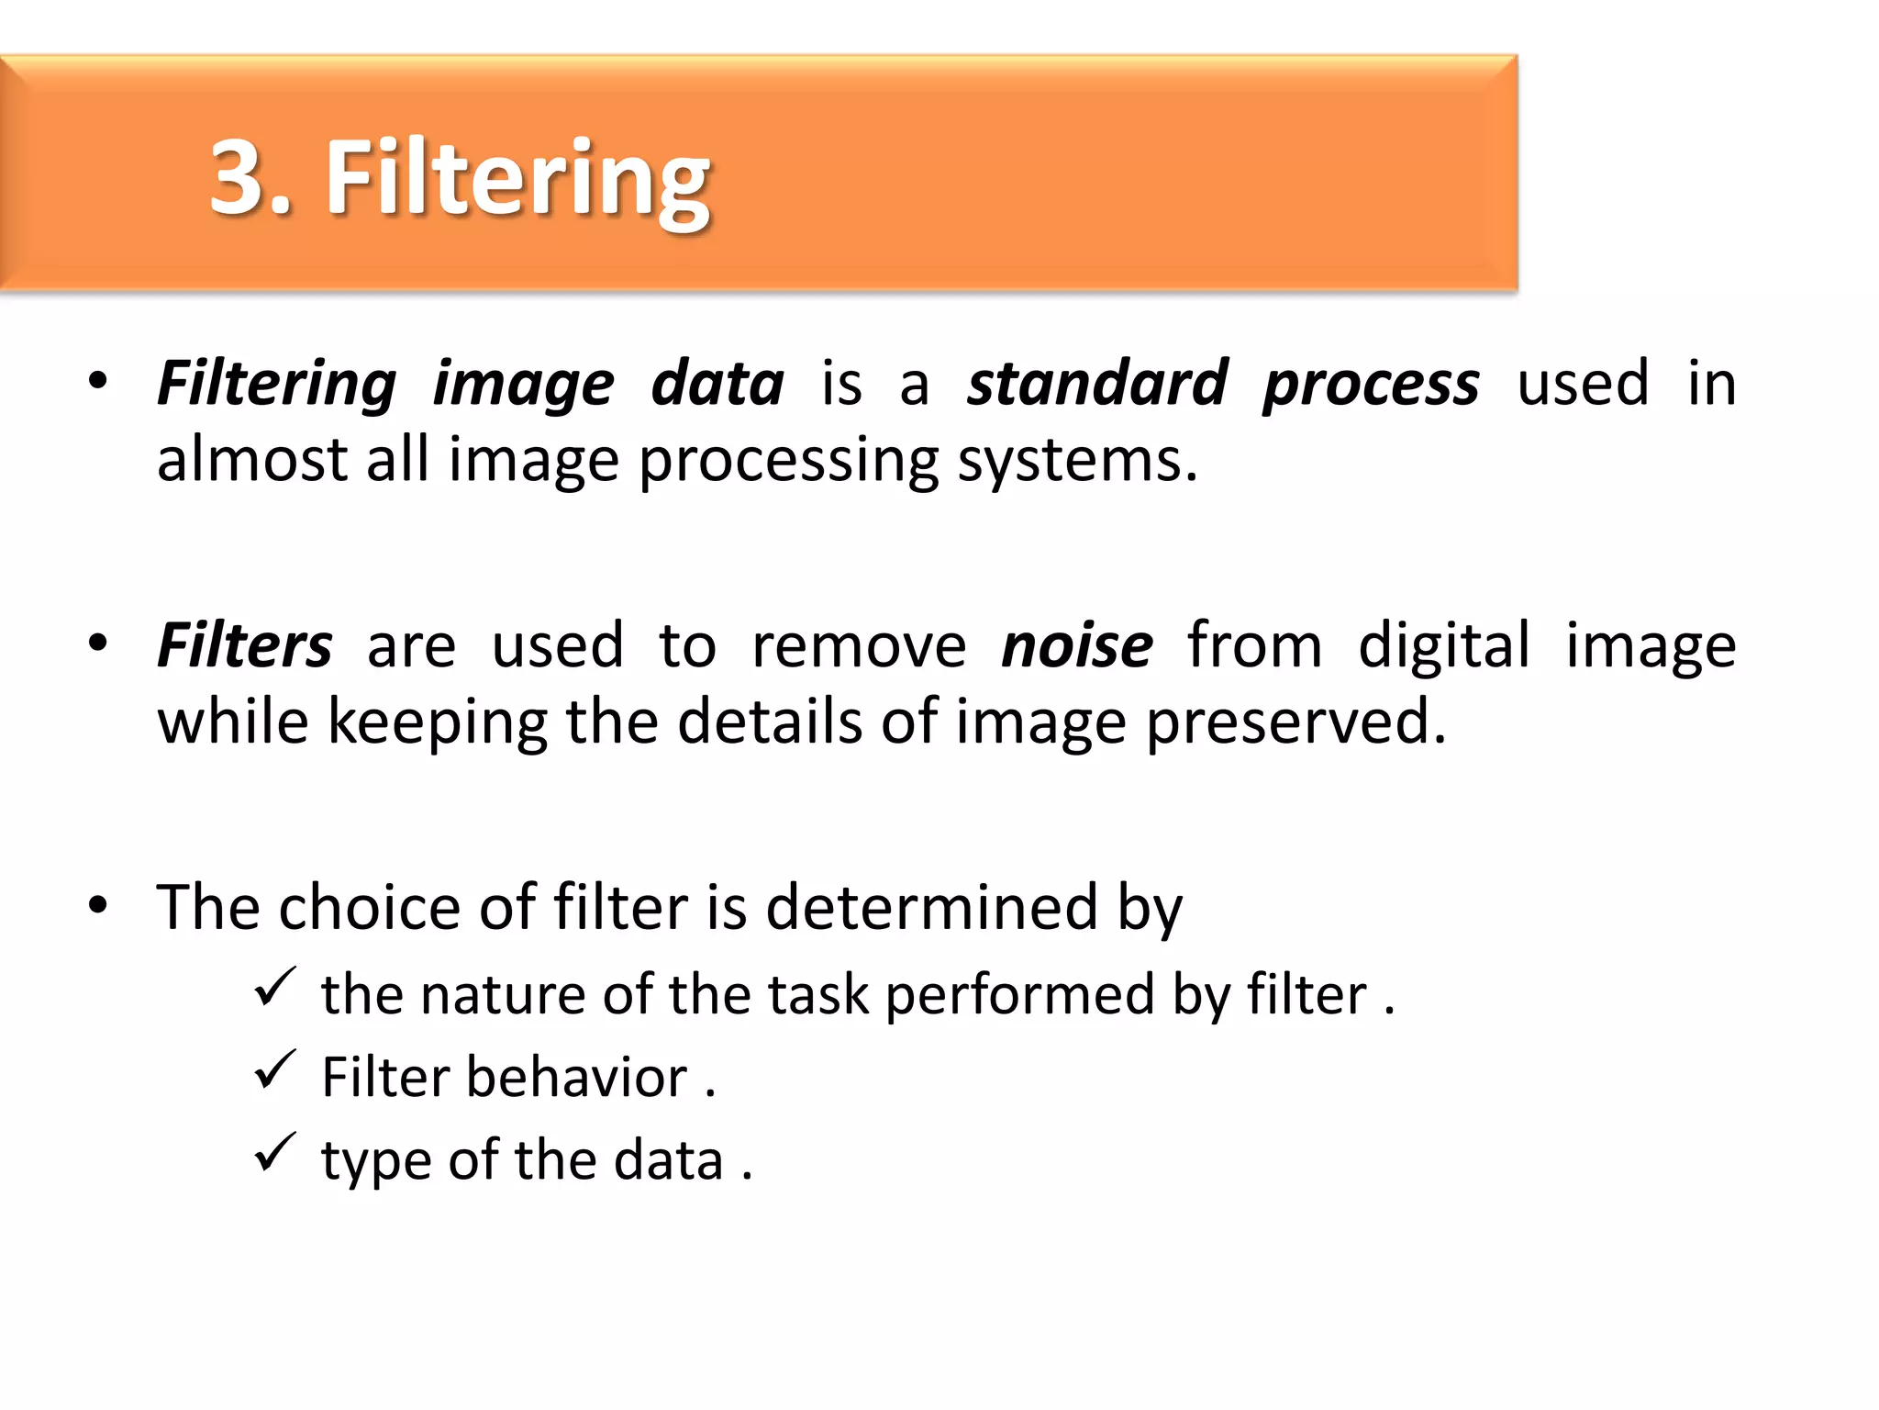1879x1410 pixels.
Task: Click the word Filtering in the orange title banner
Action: tap(517, 178)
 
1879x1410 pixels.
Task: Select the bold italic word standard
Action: tap(1097, 383)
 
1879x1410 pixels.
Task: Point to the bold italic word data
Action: tap(717, 383)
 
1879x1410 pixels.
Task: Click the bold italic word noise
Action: tap(1076, 645)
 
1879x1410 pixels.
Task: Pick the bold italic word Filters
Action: tap(244, 645)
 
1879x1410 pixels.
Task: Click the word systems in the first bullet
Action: tap(1077, 461)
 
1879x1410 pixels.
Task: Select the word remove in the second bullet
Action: tap(859, 645)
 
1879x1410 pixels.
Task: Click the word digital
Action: tap(1443, 645)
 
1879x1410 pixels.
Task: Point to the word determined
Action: tap(931, 908)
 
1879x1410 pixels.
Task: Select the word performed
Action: tap(1019, 996)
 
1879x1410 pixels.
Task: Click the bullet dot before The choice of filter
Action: tap(98, 906)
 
